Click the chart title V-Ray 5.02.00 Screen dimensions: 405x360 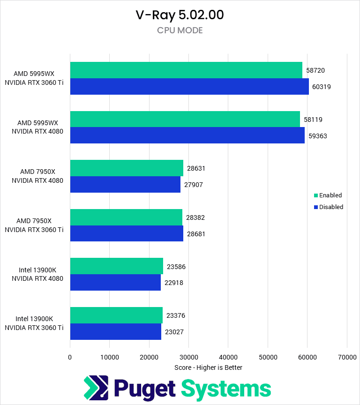coord(180,15)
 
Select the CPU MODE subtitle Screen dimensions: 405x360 coord(180,30)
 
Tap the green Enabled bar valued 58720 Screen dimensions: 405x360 coord(186,70)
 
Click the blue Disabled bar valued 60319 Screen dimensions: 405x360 coord(189,87)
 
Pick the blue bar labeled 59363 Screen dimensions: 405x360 coord(187,136)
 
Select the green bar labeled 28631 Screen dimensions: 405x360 coord(127,168)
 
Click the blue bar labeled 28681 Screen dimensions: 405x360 coord(127,234)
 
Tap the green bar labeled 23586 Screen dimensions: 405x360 coord(117,266)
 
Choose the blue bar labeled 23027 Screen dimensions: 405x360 coord(116,332)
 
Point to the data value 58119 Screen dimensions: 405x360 coord(313,120)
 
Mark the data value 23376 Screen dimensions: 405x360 coord(176,315)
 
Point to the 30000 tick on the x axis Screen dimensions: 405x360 coord(188,357)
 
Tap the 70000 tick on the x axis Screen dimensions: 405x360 coord(346,357)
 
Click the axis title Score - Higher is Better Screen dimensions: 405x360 coord(208,367)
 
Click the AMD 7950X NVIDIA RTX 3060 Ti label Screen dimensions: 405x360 coord(34,225)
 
